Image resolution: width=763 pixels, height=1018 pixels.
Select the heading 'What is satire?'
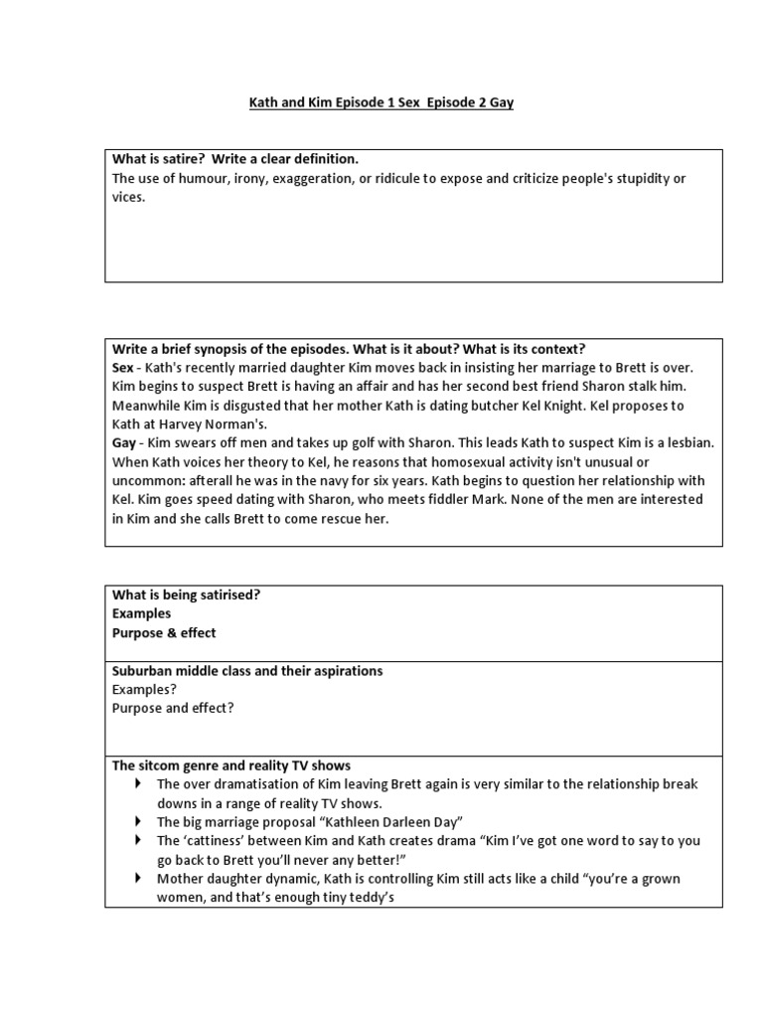click(x=160, y=159)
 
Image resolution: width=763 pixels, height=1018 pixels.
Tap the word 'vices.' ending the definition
click(x=128, y=198)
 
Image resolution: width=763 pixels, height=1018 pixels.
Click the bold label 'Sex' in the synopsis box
click(x=123, y=368)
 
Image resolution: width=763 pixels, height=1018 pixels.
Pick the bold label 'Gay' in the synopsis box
click(x=124, y=442)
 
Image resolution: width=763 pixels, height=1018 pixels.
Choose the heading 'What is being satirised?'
click(x=187, y=594)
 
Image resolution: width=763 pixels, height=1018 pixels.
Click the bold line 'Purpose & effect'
click(x=164, y=632)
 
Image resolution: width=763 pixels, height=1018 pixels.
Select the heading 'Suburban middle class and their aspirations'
click(x=247, y=671)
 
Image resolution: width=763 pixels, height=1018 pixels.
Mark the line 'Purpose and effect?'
click(x=174, y=709)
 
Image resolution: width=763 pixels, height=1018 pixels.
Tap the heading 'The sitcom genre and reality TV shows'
click(x=231, y=765)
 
